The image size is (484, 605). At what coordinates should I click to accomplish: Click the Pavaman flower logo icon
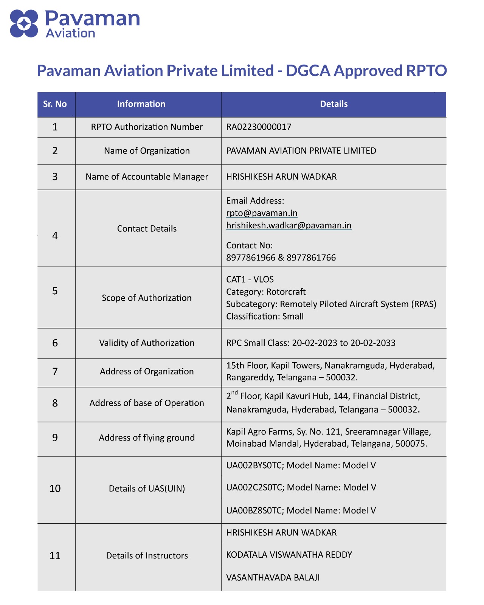[x=24, y=23]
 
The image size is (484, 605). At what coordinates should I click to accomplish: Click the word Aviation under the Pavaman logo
[x=70, y=33]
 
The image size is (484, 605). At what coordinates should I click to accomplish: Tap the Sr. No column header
[x=55, y=104]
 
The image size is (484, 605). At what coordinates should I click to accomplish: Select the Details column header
[x=334, y=104]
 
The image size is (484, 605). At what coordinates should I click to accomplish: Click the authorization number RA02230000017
[x=259, y=127]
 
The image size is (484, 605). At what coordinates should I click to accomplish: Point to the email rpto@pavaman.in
[x=262, y=213]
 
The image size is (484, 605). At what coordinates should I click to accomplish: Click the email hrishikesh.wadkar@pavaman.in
[x=289, y=225]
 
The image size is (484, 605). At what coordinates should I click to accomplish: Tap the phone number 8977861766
[x=311, y=258]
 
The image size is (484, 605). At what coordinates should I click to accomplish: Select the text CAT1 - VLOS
[x=250, y=279]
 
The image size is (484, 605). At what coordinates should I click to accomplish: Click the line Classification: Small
[x=265, y=316]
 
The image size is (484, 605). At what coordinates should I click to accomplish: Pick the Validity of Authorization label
[x=147, y=343]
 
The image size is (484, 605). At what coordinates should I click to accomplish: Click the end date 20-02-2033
[x=373, y=343]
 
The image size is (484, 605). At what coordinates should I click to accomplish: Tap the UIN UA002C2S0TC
[x=254, y=487]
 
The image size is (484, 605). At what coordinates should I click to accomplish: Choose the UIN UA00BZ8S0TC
[x=254, y=510]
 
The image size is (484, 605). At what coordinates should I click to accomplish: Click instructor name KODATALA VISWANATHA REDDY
[x=289, y=555]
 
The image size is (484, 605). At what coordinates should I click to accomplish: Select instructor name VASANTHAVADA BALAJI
[x=273, y=577]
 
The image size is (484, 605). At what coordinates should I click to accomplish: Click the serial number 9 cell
[x=55, y=437]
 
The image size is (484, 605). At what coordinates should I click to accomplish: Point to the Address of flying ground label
[x=147, y=437]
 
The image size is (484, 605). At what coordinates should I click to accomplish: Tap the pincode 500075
[x=411, y=444]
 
